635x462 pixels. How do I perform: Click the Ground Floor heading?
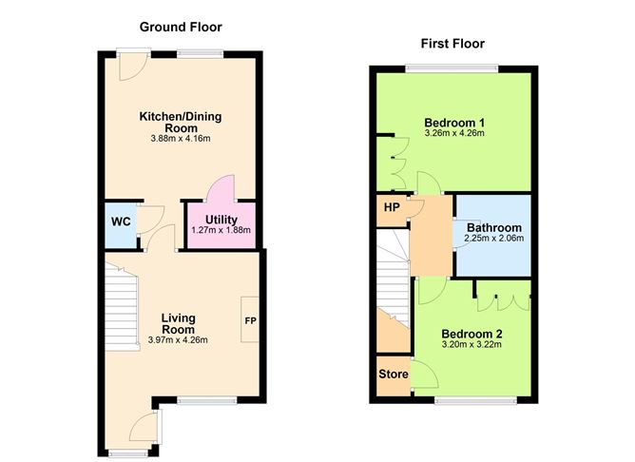coord(181,27)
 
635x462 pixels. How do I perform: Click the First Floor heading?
coord(452,44)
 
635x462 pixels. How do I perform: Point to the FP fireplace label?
coord(251,321)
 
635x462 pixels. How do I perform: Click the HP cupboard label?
coord(391,207)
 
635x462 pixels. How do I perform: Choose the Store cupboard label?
coord(394,375)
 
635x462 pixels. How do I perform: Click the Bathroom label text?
coord(493,228)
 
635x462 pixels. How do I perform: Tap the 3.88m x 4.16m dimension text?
coord(180,139)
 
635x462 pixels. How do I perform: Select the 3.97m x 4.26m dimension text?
coord(178,340)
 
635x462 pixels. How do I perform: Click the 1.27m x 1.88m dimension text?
coord(221,230)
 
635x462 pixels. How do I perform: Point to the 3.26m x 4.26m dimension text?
coord(454,134)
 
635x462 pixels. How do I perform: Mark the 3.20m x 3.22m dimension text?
coord(472,345)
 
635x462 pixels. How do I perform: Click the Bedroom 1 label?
coord(454,123)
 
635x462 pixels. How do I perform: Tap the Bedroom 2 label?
coord(472,334)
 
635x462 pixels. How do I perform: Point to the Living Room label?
coord(178,323)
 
